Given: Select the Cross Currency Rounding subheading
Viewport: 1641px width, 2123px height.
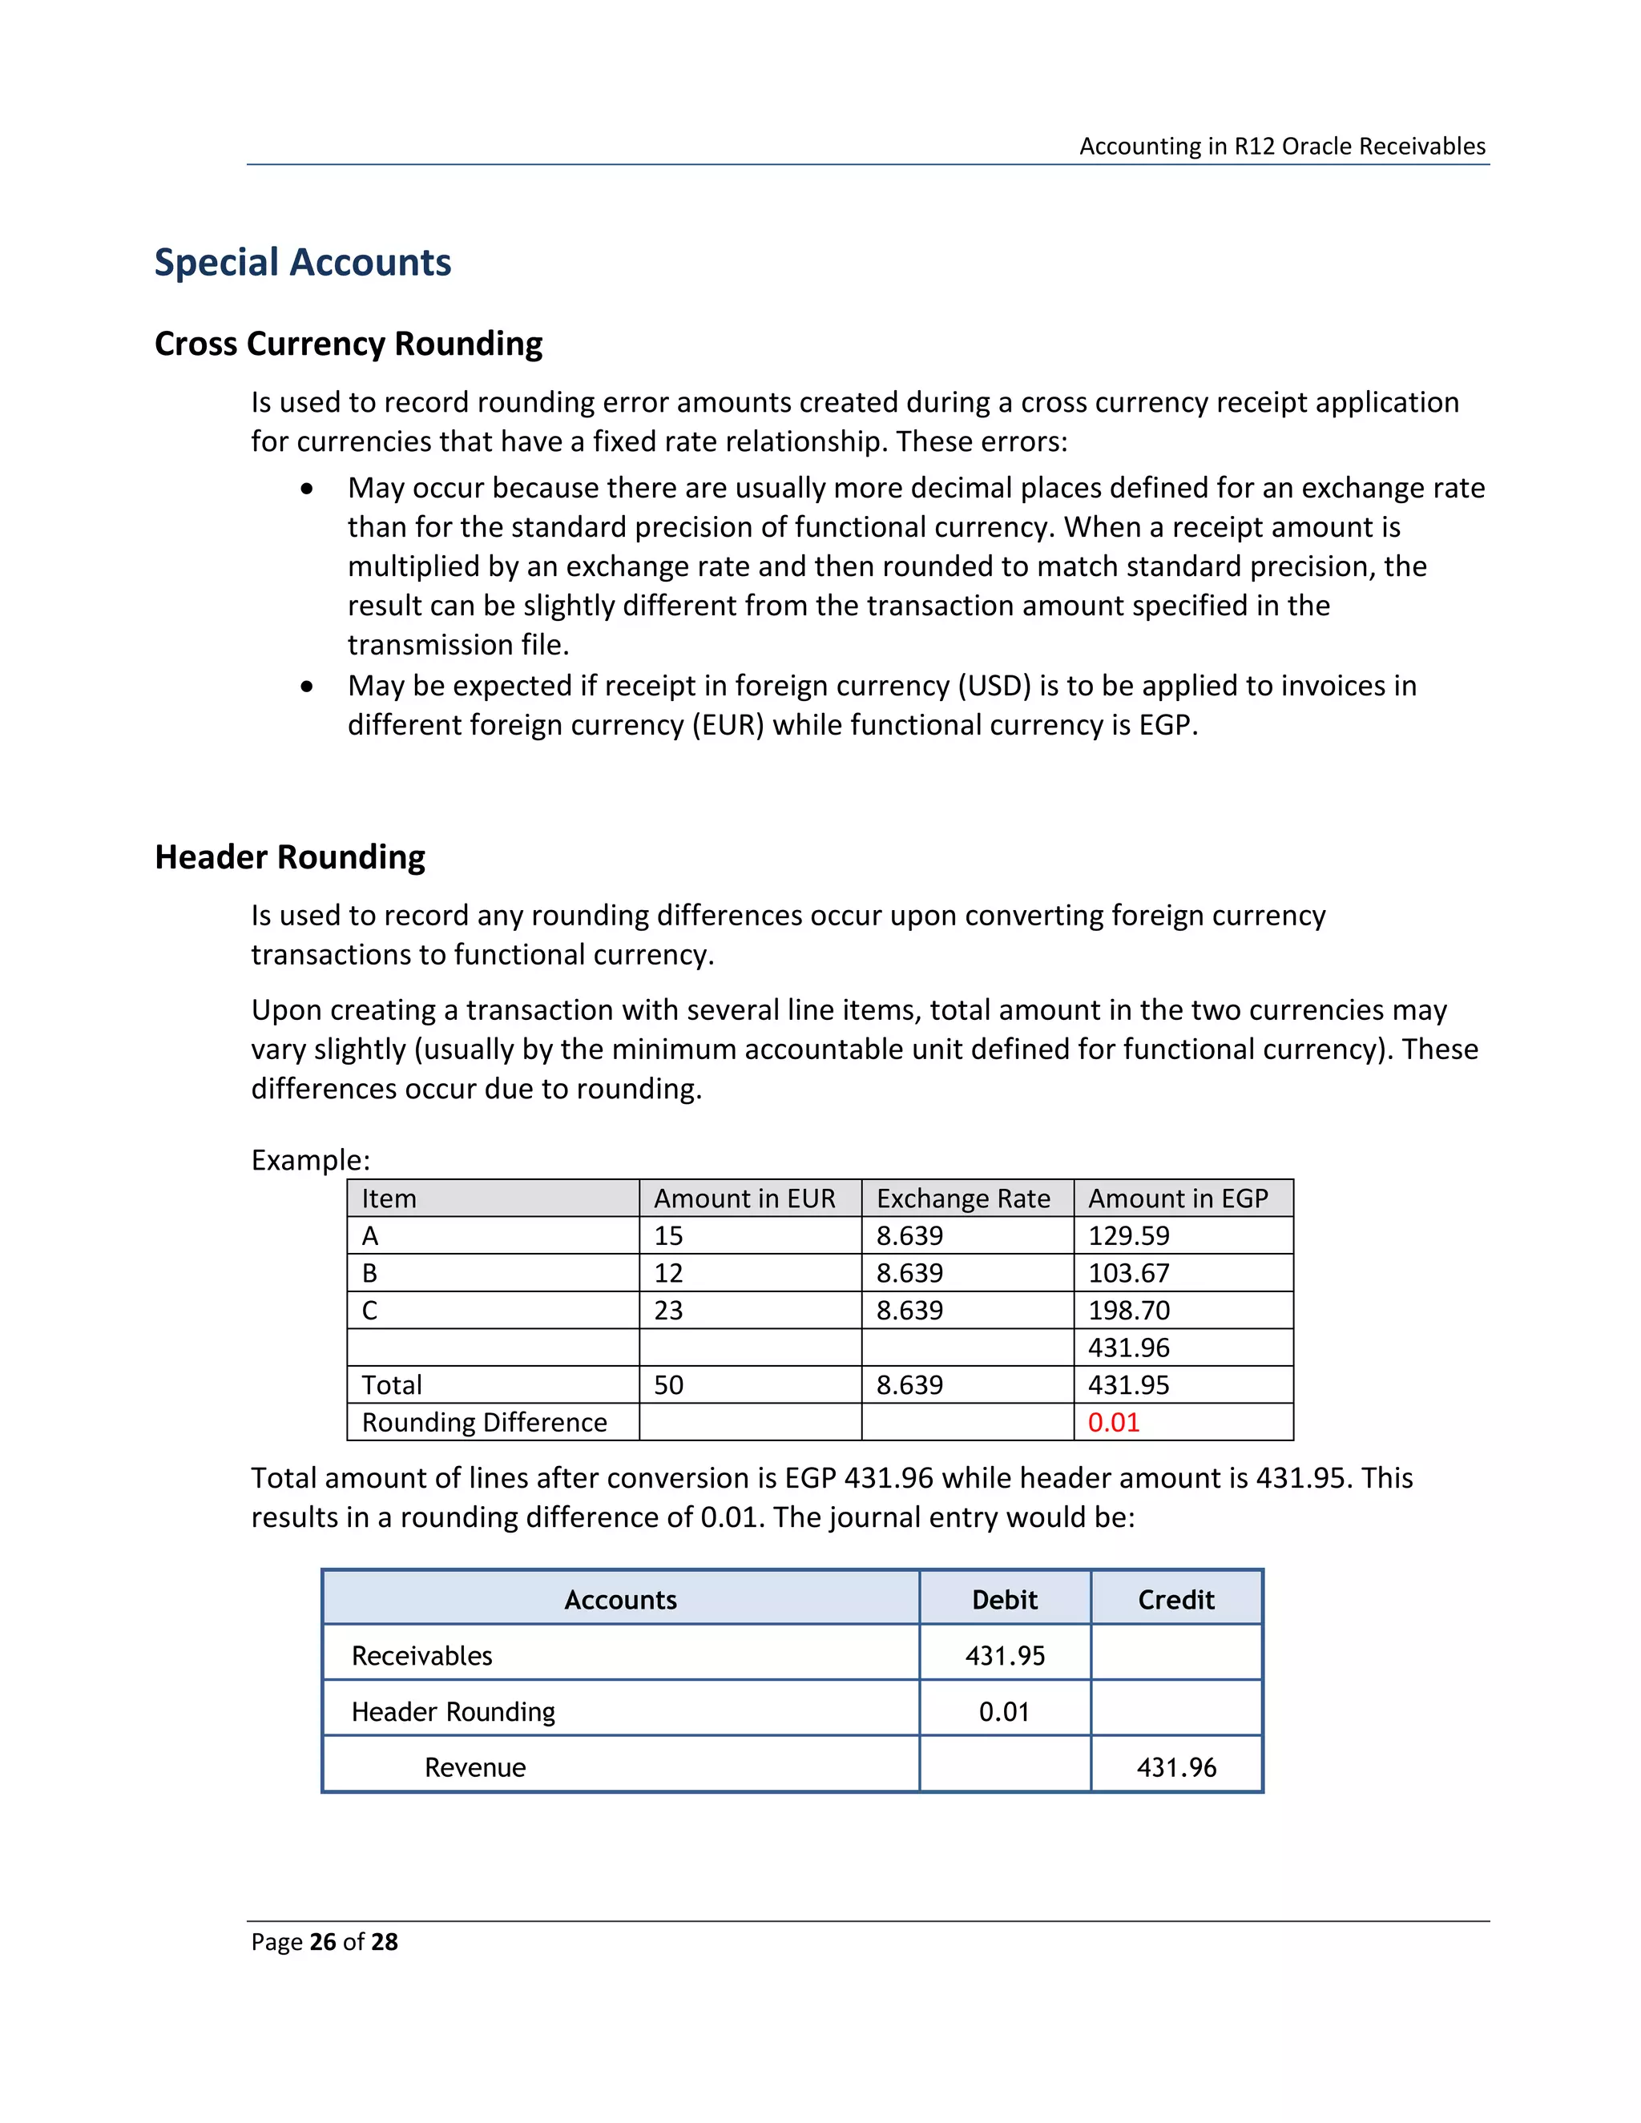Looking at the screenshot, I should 348,344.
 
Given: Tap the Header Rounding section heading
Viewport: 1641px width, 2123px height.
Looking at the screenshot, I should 290,857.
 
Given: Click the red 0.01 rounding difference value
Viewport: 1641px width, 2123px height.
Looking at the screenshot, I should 1113,1422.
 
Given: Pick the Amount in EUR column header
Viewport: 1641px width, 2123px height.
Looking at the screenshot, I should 744,1198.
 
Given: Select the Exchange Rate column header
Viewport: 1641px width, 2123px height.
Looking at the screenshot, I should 962,1198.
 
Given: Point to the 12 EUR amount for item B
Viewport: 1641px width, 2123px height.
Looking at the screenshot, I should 668,1274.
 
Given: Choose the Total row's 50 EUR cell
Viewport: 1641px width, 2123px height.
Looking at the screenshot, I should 668,1385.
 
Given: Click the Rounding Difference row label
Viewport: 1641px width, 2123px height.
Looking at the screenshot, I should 484,1422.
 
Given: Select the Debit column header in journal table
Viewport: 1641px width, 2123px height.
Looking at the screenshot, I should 1004,1600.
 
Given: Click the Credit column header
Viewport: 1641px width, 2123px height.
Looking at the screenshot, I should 1175,1600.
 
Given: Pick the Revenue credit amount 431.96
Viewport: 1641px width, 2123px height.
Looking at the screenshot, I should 1175,1767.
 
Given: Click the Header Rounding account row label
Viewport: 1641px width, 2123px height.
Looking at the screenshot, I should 453,1712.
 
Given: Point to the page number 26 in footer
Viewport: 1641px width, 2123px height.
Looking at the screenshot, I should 323,1941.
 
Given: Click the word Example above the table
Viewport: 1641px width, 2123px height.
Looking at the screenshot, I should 310,1160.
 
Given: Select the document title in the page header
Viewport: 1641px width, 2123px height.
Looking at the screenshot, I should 1281,146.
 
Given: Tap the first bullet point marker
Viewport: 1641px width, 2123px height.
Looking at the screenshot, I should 307,489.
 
